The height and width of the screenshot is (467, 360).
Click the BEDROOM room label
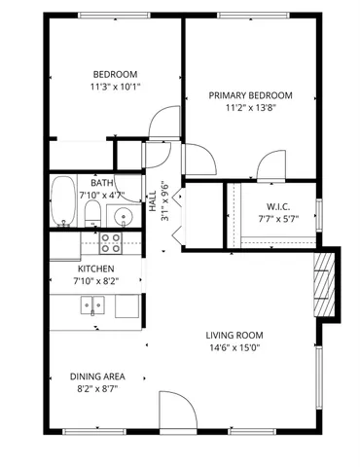pos(115,74)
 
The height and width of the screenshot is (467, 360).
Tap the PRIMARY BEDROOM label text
pos(251,95)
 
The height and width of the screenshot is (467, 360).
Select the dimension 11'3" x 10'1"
pos(115,86)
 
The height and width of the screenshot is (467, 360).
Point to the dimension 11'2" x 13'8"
pos(251,108)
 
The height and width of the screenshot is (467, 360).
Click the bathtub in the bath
pos(64,200)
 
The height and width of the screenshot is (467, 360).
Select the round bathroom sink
pos(123,215)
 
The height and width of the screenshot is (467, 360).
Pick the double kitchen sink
pos(93,306)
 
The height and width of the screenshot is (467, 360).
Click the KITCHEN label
pos(96,269)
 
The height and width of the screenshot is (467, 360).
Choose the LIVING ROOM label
pos(233,336)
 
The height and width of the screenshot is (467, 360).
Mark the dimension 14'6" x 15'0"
pos(233,348)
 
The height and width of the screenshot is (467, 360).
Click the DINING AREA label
pos(95,376)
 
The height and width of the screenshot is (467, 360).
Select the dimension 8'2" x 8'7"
pos(95,388)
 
